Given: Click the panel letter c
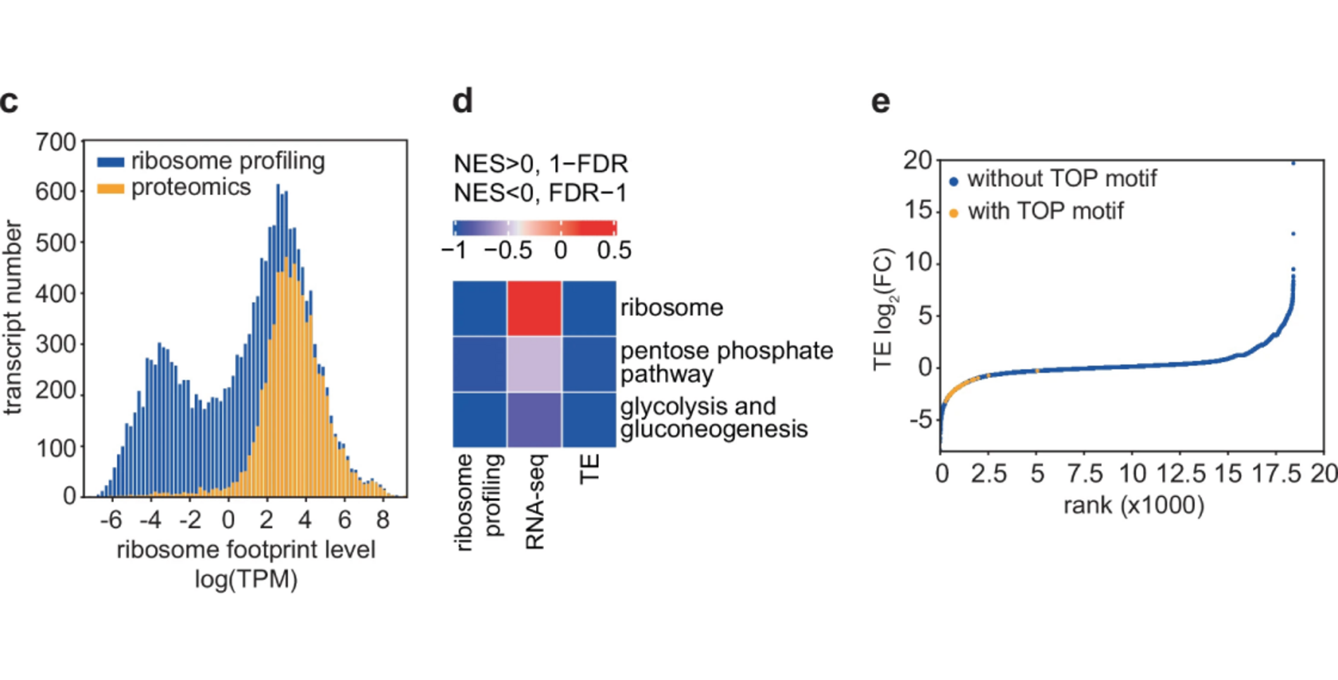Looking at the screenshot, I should (x=9, y=102).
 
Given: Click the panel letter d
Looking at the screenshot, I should (x=463, y=101).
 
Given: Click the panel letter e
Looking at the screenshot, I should (x=881, y=102).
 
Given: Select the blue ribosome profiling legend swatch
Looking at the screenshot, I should (x=111, y=162).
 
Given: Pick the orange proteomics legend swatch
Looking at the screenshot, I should (x=111, y=189).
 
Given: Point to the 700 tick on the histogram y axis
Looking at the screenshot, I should (x=56, y=143).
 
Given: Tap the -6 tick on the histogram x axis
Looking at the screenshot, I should (x=111, y=520).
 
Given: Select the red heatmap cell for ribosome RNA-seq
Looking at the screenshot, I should (x=534, y=308).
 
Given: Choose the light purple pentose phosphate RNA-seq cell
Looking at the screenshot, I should (x=534, y=364).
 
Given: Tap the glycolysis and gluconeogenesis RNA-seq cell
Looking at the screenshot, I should (x=534, y=420).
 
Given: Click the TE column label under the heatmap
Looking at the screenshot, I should (x=589, y=469).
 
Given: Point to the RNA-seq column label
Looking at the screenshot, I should (x=535, y=502).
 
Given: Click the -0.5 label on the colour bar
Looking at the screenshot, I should (x=508, y=251).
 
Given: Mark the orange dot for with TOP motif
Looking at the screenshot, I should (x=953, y=213).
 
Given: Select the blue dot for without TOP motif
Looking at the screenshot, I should (x=953, y=181).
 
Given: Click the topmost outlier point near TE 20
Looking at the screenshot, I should (x=1293, y=163).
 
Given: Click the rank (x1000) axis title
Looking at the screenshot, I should (x=1133, y=505).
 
